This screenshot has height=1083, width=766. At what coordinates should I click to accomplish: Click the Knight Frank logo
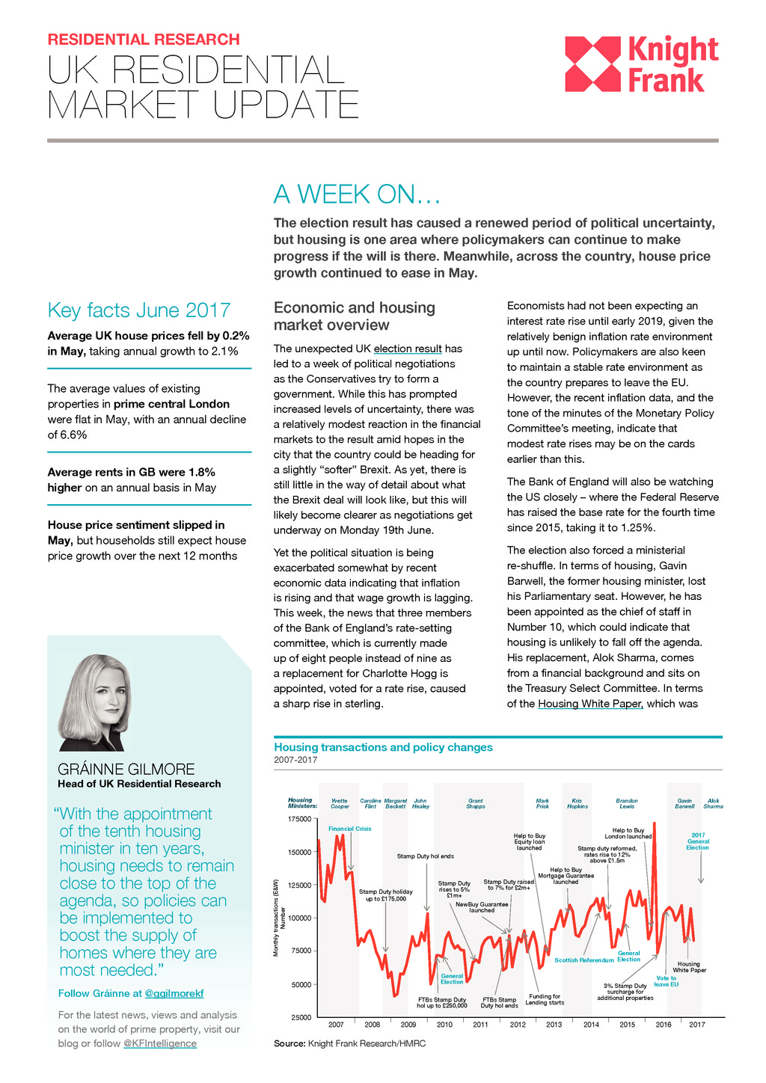point(641,65)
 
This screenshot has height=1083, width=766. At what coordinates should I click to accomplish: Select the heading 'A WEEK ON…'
point(357,194)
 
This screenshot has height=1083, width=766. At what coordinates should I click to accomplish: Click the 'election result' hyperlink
point(408,349)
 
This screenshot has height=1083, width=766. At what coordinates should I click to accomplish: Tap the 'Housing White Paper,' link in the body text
point(590,704)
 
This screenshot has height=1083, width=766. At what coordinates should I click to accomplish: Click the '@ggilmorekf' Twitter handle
point(174,993)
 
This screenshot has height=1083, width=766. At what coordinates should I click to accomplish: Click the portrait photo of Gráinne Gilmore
point(96,702)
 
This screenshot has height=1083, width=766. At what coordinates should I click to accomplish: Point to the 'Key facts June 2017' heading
point(139,310)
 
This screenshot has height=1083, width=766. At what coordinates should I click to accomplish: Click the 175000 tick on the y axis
point(300,819)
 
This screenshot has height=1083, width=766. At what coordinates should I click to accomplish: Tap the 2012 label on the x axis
point(518,1025)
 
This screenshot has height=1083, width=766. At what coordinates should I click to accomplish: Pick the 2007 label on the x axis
point(336,1025)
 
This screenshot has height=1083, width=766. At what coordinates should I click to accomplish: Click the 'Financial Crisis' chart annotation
point(349,829)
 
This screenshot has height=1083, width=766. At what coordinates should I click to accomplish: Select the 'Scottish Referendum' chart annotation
point(583,960)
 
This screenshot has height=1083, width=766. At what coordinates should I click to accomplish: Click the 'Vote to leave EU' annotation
point(666,981)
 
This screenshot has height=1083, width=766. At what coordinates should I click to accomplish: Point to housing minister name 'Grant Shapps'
point(476,804)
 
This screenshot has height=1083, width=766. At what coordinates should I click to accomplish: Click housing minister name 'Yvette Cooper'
point(340,804)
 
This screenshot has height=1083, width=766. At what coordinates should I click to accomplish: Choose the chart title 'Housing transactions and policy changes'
point(383,747)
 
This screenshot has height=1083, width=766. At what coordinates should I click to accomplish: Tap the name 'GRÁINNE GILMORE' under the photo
point(126,769)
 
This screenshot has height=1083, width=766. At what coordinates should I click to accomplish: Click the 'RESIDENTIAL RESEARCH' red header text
point(144,40)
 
